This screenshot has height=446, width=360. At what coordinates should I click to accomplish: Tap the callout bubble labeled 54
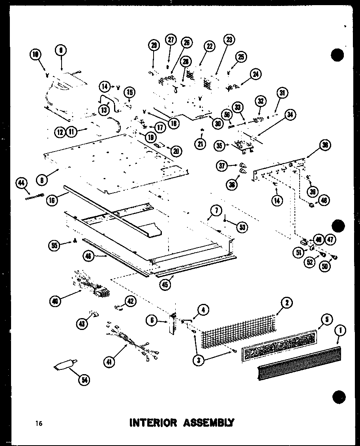[x=84, y=380]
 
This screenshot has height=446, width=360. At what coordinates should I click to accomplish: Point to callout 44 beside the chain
[x=21, y=182]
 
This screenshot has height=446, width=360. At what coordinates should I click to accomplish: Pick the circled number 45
[x=166, y=283]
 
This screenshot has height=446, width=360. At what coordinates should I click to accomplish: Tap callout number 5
[x=326, y=320]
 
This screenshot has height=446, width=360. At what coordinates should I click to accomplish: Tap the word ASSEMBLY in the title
[x=209, y=423]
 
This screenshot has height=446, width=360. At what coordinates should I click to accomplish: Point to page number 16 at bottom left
[x=38, y=424]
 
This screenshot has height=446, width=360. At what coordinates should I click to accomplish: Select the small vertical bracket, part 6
[x=172, y=324]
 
